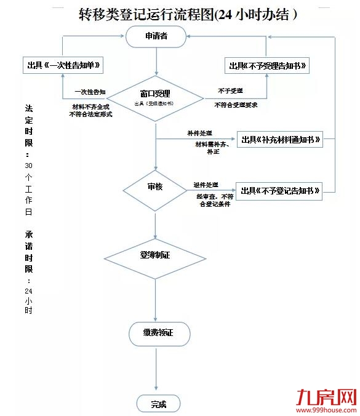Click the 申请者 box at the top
coord(156,37)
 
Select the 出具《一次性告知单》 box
coord(62,65)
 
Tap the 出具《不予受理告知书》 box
coord(268,65)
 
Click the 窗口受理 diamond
coord(155,97)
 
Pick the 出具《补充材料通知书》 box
coord(280,140)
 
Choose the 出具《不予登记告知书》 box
coord(280,191)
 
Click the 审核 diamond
coord(155,186)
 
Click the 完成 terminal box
coord(158,404)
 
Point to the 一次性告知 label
coord(90,92)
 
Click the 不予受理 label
coord(230,91)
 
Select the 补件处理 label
coord(201,133)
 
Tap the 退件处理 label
coord(206,185)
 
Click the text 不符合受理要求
coord(236,105)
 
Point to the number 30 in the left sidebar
coord(28,166)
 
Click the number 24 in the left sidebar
coord(28,290)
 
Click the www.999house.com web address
coord(327,409)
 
